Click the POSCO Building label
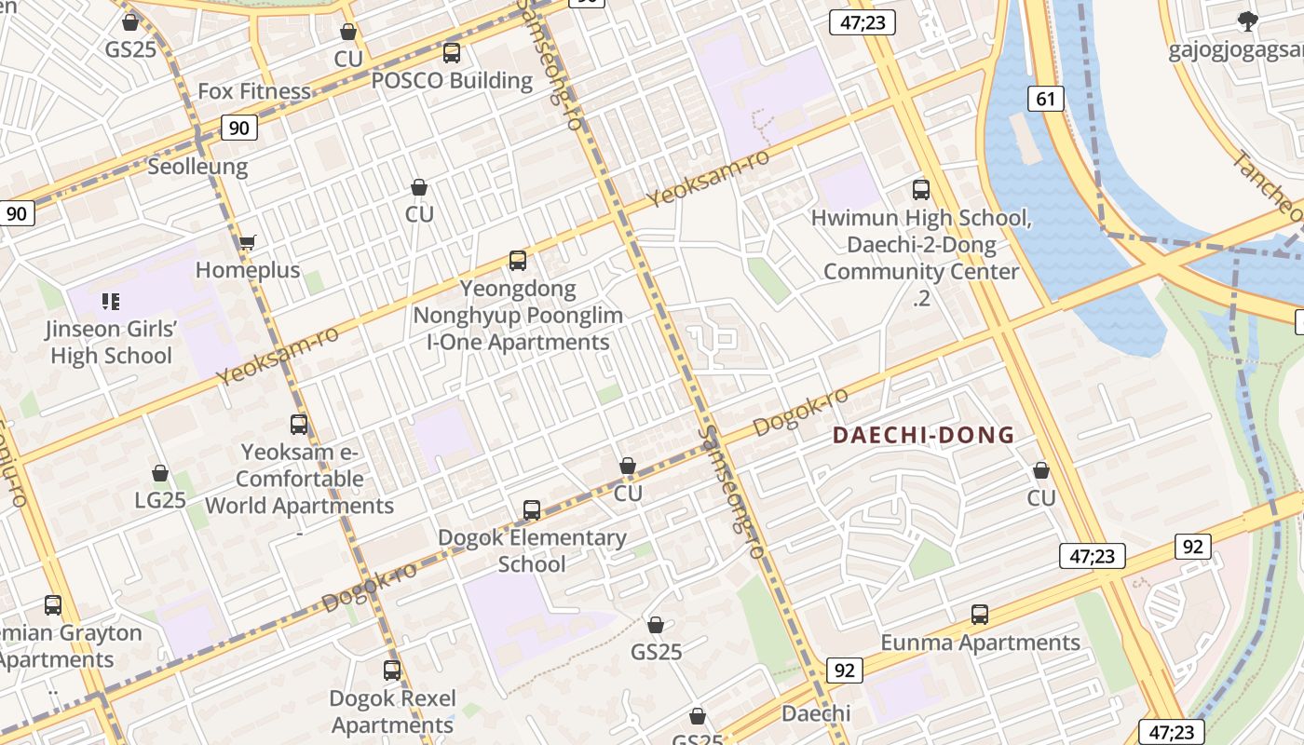[452, 81]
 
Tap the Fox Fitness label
[254, 91]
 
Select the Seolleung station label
[197, 167]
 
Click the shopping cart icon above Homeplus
[247, 243]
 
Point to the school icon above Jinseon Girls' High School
[111, 301]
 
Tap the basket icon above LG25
[160, 473]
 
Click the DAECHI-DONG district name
[923, 435]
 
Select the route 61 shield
[1046, 99]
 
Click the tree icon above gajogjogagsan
[1247, 21]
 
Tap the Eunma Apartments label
[981, 643]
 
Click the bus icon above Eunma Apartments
[979, 615]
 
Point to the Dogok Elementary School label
[532, 550]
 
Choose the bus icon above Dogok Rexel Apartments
[392, 670]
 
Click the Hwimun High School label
[921, 219]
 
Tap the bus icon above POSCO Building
[452, 53]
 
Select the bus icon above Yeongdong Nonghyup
[518, 261]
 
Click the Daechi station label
[816, 713]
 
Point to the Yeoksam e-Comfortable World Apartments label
[299, 479]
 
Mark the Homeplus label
[248, 270]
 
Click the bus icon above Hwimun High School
[921, 190]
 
